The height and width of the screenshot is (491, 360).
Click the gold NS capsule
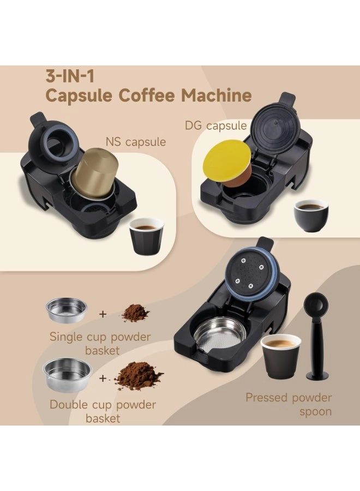[x=94, y=174]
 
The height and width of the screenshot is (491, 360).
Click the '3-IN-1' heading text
[x=70, y=77]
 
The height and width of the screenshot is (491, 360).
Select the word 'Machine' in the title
[x=217, y=95]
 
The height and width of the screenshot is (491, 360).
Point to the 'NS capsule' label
[x=136, y=142]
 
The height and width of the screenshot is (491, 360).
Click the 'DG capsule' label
[x=215, y=126]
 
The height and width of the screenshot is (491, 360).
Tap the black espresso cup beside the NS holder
[x=147, y=236]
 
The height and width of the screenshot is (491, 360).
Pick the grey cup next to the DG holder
[x=311, y=215]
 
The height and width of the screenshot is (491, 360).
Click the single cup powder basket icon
[x=67, y=310]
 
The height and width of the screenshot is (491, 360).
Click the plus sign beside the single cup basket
[x=103, y=314]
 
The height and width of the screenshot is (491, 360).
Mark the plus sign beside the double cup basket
[x=103, y=379]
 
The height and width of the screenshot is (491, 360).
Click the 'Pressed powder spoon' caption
[x=289, y=404]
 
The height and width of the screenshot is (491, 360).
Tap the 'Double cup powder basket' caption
[x=103, y=411]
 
